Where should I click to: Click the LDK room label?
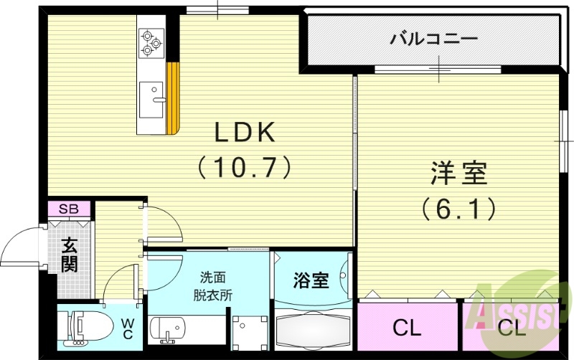(244, 133)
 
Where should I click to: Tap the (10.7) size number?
(244, 167)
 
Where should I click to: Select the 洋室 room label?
(458, 174)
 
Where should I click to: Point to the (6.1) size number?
(458, 209)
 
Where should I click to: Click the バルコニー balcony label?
(433, 38)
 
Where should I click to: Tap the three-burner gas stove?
(151, 42)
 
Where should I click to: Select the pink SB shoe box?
(69, 209)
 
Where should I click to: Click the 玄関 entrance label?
(69, 255)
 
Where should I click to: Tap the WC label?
(127, 330)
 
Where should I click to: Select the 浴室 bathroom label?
(311, 280)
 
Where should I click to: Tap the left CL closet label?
(407, 328)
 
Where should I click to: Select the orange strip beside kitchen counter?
(172, 98)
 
